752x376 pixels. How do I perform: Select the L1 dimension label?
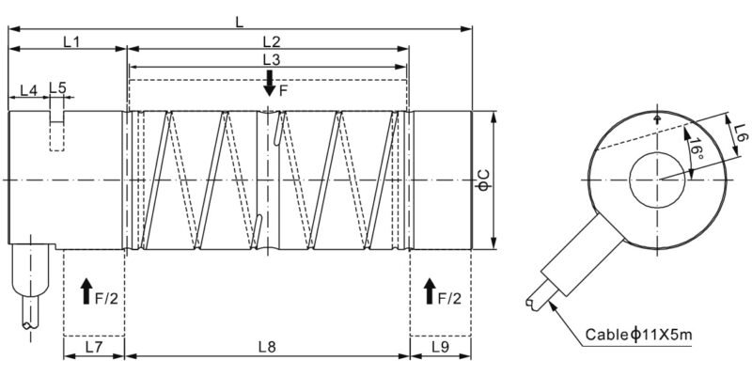pyautogui.click(x=70, y=41)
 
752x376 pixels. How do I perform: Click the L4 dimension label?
pyautogui.click(x=28, y=89)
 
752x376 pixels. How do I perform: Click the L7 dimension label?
pyautogui.click(x=93, y=347)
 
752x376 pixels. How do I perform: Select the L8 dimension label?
pyautogui.click(x=267, y=347)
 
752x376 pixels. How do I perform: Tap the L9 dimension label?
pyautogui.click(x=440, y=347)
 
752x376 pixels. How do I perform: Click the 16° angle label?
pyautogui.click(x=693, y=148)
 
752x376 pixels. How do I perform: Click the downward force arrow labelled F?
pyautogui.click(x=270, y=83)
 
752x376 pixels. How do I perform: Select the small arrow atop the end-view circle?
pyautogui.click(x=657, y=118)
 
